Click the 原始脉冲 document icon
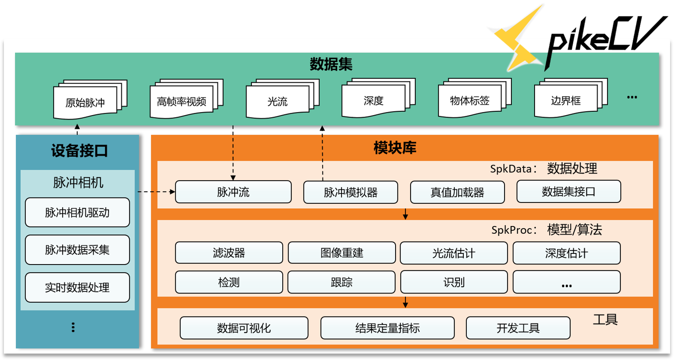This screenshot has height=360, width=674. [x=86, y=102]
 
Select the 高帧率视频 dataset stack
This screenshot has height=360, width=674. [x=182, y=101]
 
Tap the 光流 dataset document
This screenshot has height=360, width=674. [x=278, y=101]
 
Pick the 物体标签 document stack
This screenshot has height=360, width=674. [x=470, y=100]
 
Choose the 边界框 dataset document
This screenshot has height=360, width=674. [x=566, y=100]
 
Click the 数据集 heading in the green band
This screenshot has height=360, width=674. [x=331, y=64]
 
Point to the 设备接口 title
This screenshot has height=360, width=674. [x=79, y=151]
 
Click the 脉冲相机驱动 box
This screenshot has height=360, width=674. [x=77, y=213]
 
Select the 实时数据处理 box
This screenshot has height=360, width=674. [x=77, y=288]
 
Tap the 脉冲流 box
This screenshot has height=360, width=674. [x=233, y=192]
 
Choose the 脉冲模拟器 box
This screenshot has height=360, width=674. [x=350, y=192]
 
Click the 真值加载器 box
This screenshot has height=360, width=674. [x=457, y=192]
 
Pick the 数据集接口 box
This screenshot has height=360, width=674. [x=568, y=191]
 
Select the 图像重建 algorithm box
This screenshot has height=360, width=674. [x=342, y=253]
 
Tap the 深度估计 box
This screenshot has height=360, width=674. [x=567, y=253]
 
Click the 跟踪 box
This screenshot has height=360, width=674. [x=341, y=282]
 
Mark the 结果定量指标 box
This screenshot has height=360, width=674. [x=387, y=328]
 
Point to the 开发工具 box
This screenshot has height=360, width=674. [x=518, y=328]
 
